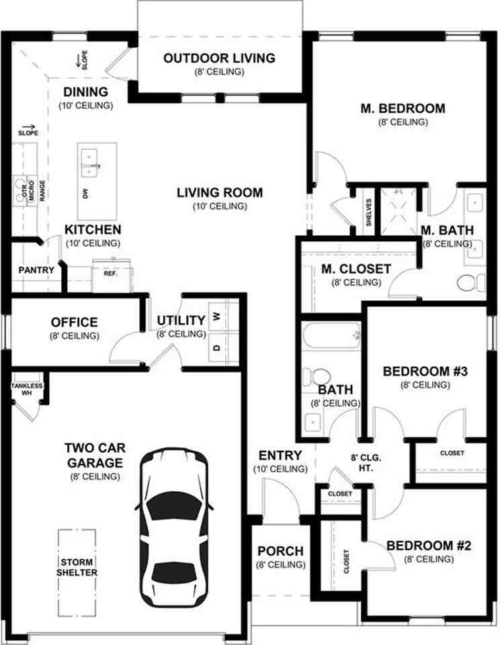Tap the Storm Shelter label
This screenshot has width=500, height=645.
(77, 567)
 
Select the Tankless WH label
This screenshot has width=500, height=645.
(27, 389)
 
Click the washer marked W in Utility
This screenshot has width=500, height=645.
(224, 316)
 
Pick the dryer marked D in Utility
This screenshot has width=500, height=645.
(224, 347)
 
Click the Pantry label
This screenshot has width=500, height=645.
(36, 270)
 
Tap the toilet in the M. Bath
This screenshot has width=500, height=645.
(472, 283)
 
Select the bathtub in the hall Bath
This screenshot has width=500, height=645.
(331, 336)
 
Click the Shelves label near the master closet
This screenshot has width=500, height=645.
(369, 212)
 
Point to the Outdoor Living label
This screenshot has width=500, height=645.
(219, 58)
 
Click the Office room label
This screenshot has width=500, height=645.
(75, 322)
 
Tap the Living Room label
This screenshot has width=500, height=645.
(220, 193)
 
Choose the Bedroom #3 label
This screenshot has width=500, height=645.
(425, 371)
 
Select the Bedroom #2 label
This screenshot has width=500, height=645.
(428, 546)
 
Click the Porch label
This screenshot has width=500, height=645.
(281, 551)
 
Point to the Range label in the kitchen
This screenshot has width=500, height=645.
(42, 191)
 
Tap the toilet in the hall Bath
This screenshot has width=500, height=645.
(317, 376)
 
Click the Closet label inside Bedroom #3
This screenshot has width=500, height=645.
(452, 453)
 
